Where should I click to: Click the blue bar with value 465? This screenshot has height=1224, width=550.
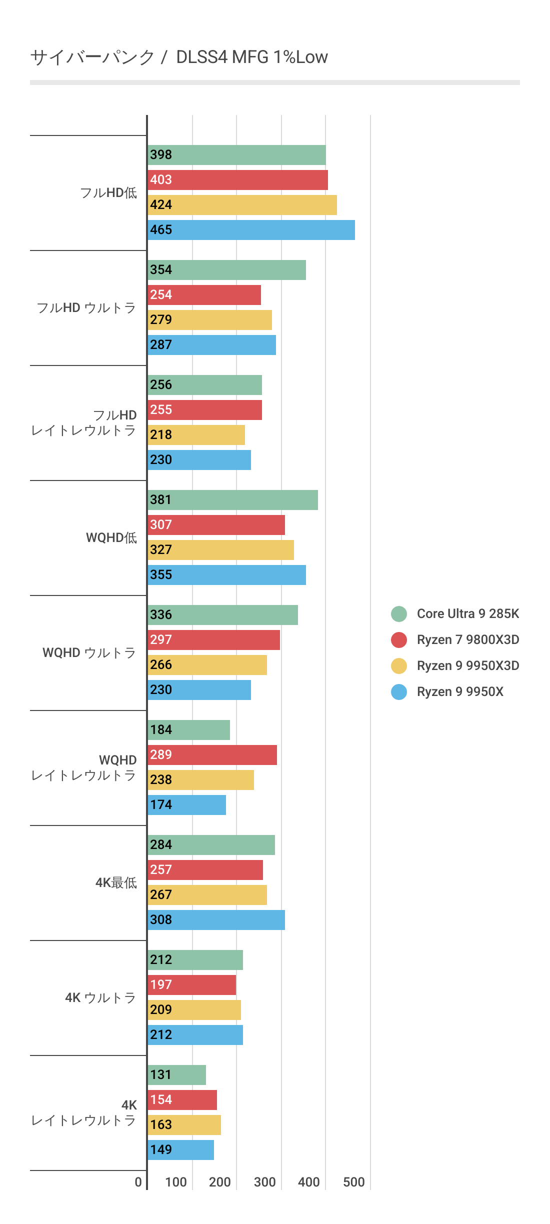point(251,230)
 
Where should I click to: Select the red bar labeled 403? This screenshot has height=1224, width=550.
point(237,180)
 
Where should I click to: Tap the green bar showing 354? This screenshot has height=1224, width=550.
point(226,270)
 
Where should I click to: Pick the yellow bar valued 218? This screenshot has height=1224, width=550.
point(196,435)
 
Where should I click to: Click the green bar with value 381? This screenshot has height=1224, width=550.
point(232,500)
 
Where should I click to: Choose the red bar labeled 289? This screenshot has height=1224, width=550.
point(212,755)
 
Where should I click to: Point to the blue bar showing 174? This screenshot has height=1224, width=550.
point(186,805)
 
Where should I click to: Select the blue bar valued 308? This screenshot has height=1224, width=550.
point(216,920)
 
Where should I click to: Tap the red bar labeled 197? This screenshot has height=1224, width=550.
point(191,985)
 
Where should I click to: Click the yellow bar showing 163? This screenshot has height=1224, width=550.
point(184,1125)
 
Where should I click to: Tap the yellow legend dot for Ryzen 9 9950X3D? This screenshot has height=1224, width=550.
point(399,666)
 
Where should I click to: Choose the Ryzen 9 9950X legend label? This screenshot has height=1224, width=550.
point(460,691)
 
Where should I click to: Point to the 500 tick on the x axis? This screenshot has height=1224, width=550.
point(353,1182)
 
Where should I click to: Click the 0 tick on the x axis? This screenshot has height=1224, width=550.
point(138,1182)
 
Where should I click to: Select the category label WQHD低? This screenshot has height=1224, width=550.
point(111,538)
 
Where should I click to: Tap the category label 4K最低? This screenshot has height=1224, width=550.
point(116,883)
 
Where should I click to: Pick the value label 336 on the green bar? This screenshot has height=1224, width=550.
point(161,615)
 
